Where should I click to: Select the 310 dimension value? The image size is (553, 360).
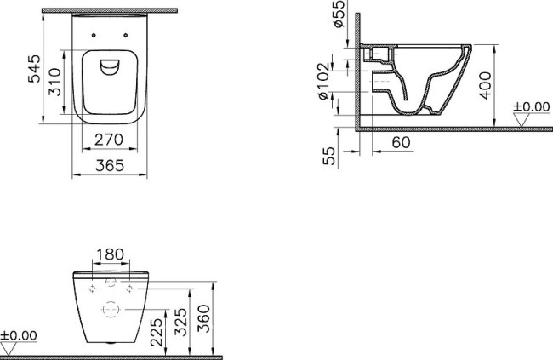(54, 82)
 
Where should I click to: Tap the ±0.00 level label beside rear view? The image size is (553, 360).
(20, 336)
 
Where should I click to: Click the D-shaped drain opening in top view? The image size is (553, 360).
(110, 69)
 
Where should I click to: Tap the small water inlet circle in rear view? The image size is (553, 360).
(111, 283)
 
